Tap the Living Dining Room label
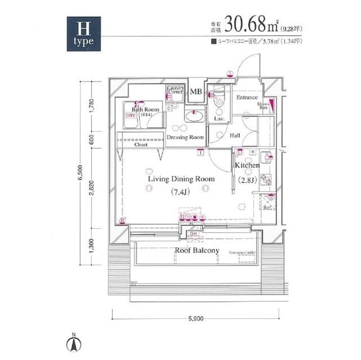pyautogui.click(x=182, y=179)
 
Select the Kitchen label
pyautogui.click(x=247, y=166)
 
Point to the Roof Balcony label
pyautogui.click(x=196, y=251)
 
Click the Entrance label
pyautogui.click(x=246, y=97)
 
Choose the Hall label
pyautogui.click(x=235, y=136)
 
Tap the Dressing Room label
pyautogui.click(x=185, y=137)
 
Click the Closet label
pyautogui.click(x=141, y=145)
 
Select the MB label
pyautogui.click(x=196, y=92)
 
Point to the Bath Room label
pyautogui.click(x=146, y=109)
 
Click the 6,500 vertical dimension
pyautogui.click(x=81, y=174)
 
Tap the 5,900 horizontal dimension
pyautogui.click(x=195, y=319)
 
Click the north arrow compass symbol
pyautogui.click(x=73, y=342)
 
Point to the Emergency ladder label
pyautogui.click(x=243, y=252)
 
